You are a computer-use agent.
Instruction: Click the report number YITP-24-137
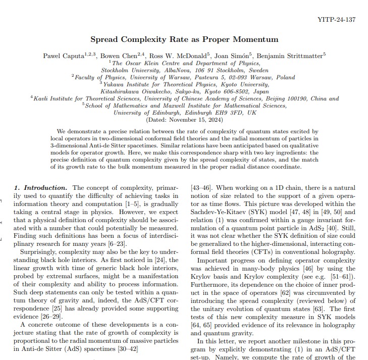337,20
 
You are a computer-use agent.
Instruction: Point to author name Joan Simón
232,55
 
